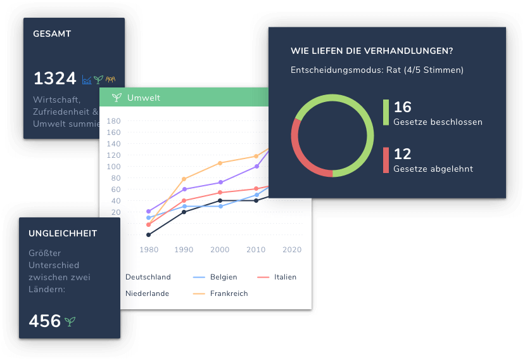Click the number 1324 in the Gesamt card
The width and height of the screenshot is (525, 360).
tap(54, 79)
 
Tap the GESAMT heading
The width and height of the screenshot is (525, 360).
tap(52, 34)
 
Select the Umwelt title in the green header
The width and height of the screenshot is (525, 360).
tap(143, 98)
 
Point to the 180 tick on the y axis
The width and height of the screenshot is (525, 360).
tap(114, 121)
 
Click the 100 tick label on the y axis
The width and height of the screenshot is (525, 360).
tap(114, 167)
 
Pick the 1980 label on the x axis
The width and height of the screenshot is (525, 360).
tap(149, 250)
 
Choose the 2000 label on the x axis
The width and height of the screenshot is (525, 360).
tap(220, 250)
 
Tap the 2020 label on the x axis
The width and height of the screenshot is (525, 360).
tap(292, 250)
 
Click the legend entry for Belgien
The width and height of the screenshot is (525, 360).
tap(224, 277)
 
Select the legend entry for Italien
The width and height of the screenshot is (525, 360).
tap(285, 277)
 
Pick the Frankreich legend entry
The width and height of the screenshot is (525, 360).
tap(229, 293)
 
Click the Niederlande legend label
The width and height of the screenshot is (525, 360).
tap(147, 293)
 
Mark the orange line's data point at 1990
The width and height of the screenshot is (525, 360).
tap(184, 179)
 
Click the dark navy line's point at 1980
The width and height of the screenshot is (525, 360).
tap(149, 235)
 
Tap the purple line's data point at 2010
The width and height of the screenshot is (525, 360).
tap(256, 167)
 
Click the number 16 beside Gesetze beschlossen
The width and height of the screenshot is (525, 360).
tap(403, 107)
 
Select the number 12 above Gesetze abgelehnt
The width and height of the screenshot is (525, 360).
tap(403, 154)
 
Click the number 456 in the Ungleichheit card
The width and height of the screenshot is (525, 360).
tap(45, 321)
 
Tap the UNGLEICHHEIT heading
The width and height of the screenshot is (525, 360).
tap(63, 233)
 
